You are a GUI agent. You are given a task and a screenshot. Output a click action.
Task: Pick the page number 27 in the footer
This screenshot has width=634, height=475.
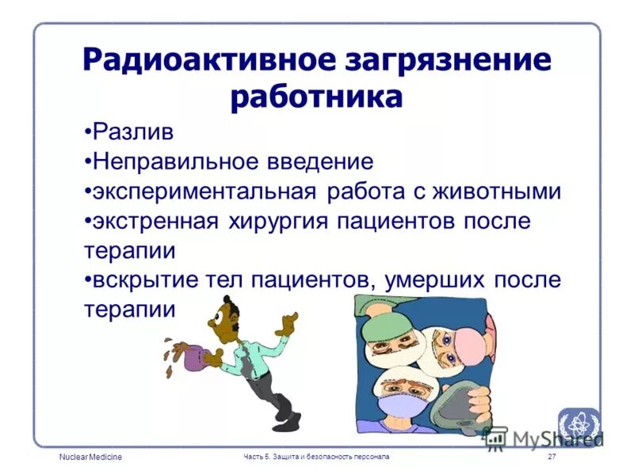click(552, 458)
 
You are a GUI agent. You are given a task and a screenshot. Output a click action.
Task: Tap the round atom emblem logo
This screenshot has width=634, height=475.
click(578, 424)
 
